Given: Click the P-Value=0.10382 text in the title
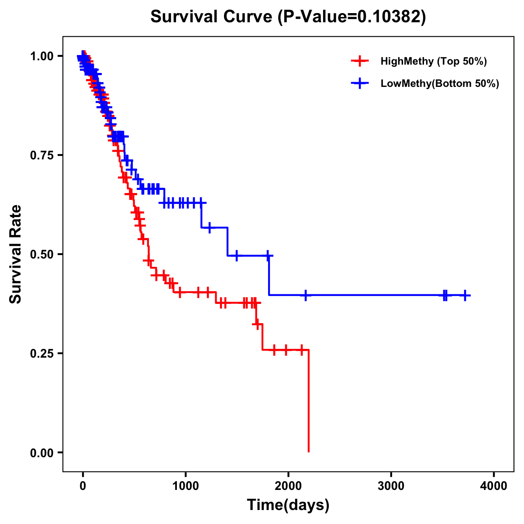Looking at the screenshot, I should pos(352,17).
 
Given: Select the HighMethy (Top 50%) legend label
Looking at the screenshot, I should pos(433,61).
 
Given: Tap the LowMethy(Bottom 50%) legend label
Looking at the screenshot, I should pos(440,83).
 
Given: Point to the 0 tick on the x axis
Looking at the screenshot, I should pos(83,486).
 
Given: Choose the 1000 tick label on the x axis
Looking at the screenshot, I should pos(186,486).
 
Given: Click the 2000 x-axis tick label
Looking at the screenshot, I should pos(288,486).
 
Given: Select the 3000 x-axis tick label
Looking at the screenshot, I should pos(391,486).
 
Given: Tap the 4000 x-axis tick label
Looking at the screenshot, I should pos(494,486).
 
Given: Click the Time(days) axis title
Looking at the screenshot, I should pos(288,505).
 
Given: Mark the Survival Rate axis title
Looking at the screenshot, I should pos(16,254).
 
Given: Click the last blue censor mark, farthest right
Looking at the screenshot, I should pos(465,296).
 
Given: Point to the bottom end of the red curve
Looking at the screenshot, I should pos(309,451).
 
